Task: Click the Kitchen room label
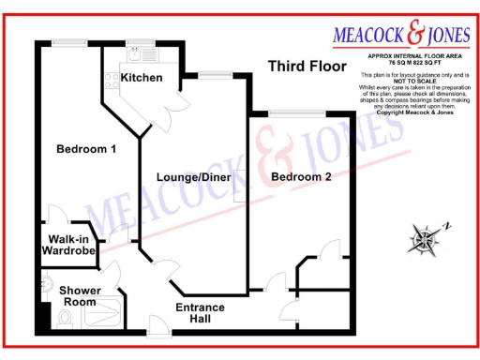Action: (x=142, y=77)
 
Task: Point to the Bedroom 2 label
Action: (x=301, y=176)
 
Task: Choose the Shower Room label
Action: (x=81, y=296)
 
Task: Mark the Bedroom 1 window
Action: (x=70, y=42)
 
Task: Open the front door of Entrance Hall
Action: (x=158, y=327)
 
